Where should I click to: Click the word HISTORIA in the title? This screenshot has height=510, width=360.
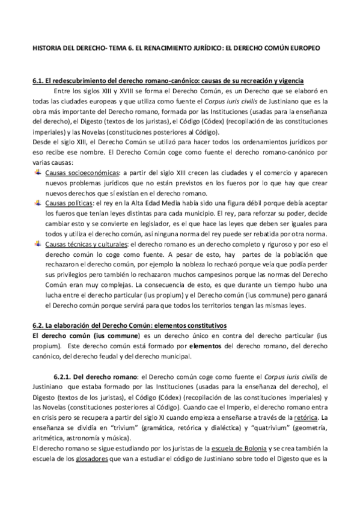pos(47,46)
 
